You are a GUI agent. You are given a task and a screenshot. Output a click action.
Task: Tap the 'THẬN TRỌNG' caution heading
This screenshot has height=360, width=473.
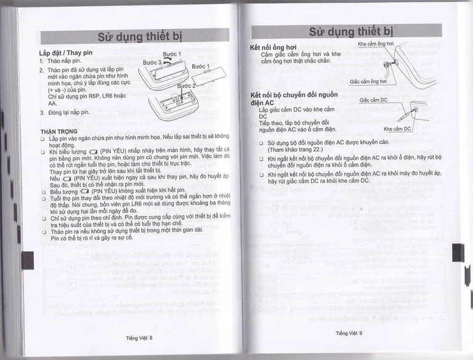[x=54, y=130]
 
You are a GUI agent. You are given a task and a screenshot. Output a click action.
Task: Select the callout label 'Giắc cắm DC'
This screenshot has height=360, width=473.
[x=373, y=99]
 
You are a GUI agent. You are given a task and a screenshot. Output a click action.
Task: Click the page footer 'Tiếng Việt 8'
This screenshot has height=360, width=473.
[x=139, y=337]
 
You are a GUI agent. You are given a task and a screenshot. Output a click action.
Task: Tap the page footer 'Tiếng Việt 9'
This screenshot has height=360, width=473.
[x=349, y=333]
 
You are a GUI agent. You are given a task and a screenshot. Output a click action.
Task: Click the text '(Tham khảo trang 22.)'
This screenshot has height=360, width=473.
[x=296, y=150]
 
